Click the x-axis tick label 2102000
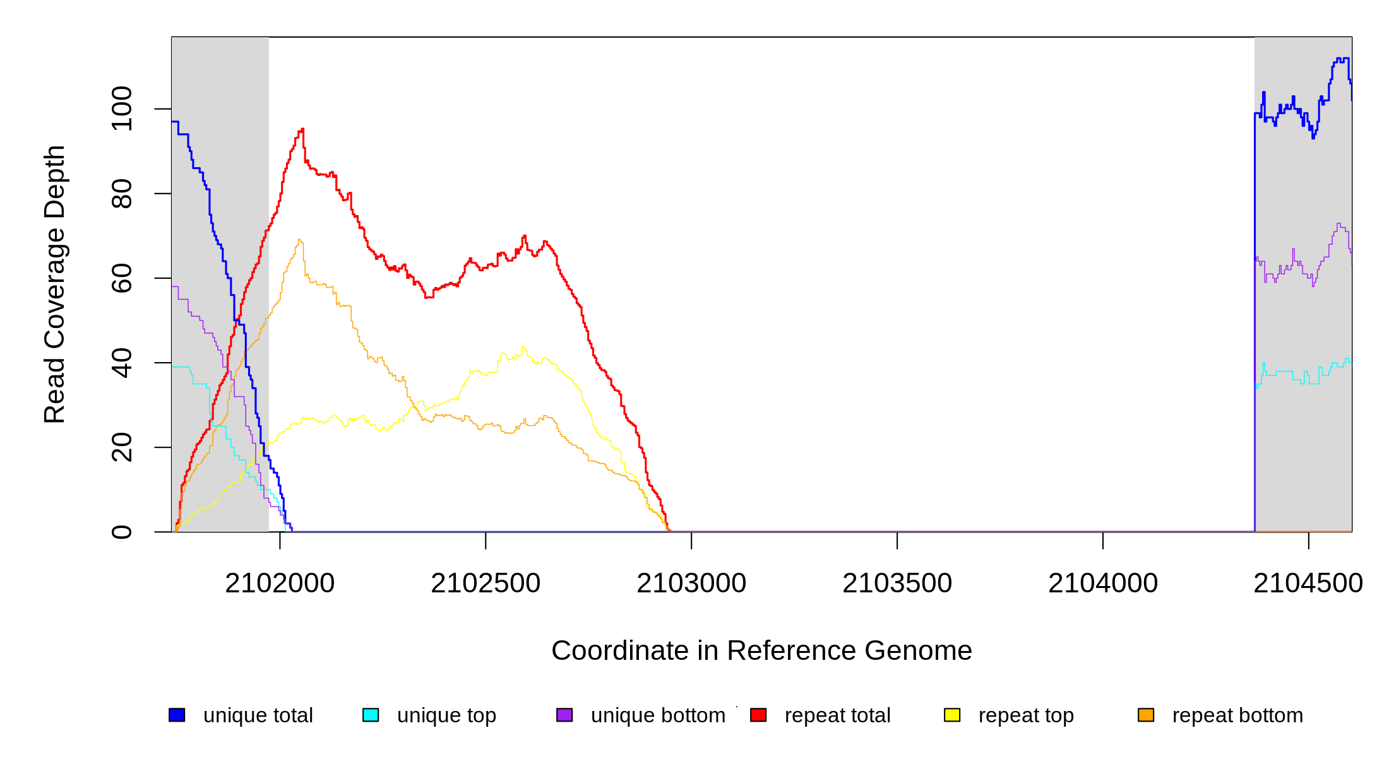(x=280, y=584)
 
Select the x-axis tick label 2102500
(x=486, y=584)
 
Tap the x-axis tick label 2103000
(x=691, y=584)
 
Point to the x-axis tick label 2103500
(x=897, y=584)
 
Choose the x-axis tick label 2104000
(x=1103, y=584)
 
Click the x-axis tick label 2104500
(x=1308, y=584)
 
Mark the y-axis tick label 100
(x=122, y=109)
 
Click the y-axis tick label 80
(x=122, y=194)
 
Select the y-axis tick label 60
(x=122, y=278)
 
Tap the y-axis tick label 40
(x=122, y=363)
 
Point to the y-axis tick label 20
(x=122, y=447)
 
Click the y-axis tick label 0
(x=122, y=532)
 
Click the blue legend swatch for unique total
(x=177, y=715)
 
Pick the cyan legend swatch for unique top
(x=371, y=715)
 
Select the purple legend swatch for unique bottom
(x=564, y=715)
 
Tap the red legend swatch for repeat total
(x=758, y=715)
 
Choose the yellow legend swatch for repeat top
(x=952, y=715)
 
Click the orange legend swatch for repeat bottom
(x=1146, y=715)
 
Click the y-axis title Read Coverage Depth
(x=55, y=284)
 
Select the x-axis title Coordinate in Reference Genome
(x=761, y=650)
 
